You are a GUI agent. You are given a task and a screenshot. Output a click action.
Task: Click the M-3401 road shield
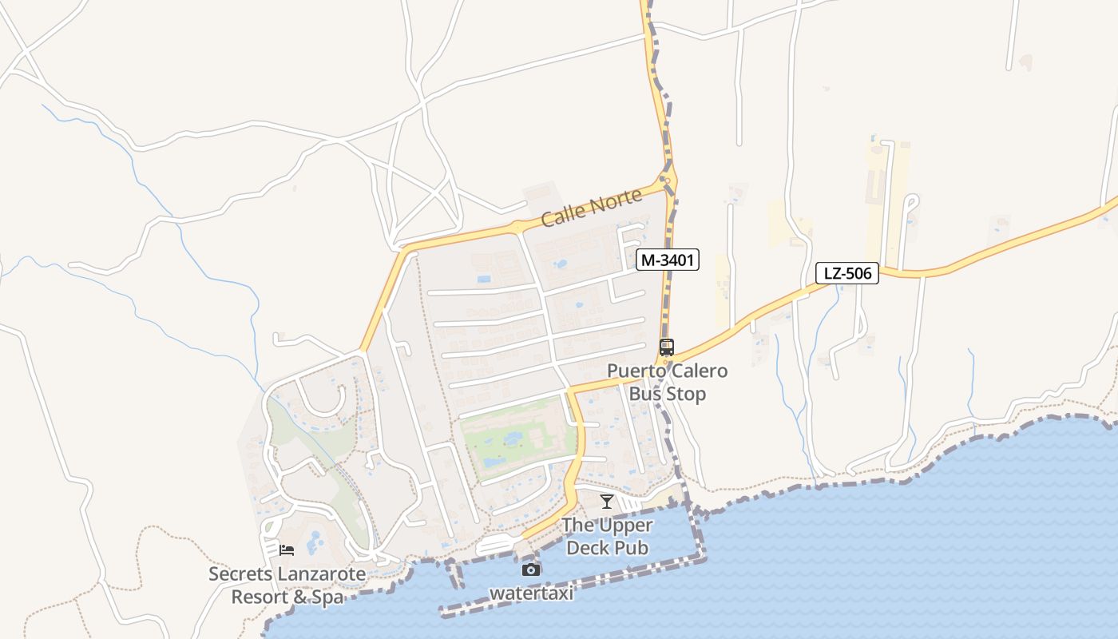click(668, 260)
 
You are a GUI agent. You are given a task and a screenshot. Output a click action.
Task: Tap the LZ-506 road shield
click(846, 274)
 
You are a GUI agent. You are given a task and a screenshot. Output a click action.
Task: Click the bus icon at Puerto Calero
click(667, 347)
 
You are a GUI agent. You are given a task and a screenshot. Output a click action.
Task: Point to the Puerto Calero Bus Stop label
click(667, 383)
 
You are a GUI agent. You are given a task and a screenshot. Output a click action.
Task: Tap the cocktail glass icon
click(607, 502)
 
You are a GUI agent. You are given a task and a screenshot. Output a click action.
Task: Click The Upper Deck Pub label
click(607, 537)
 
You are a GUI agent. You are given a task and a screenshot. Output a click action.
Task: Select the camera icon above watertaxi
click(531, 570)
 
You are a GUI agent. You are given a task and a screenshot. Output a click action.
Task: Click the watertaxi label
click(532, 593)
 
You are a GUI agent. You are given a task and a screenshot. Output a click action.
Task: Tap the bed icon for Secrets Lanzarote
click(287, 550)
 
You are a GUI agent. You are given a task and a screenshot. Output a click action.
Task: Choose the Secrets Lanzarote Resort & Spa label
click(287, 585)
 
